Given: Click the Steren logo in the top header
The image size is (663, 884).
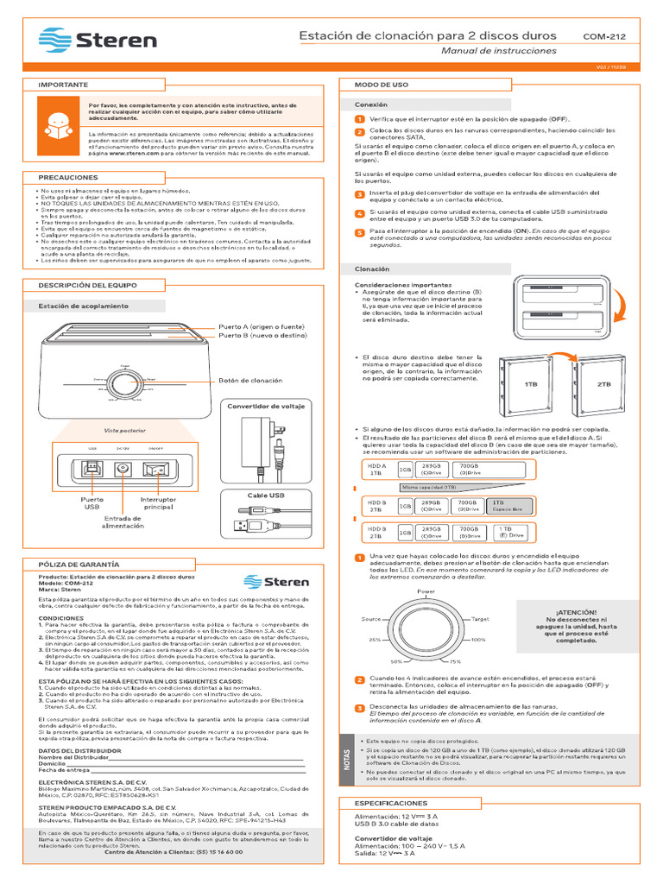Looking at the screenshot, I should pyautogui.click(x=97, y=41).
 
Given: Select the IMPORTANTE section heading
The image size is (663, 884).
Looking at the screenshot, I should pyautogui.click(x=63, y=85).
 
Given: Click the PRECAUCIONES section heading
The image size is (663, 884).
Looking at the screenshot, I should pyautogui.click(x=68, y=177).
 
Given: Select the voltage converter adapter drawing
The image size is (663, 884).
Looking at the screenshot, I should pyautogui.click(x=265, y=445).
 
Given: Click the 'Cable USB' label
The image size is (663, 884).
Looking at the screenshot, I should pyautogui.click(x=266, y=495).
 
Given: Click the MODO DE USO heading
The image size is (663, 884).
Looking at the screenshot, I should pyautogui.click(x=375, y=85).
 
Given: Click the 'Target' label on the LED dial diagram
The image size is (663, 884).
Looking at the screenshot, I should pyautogui.click(x=481, y=619).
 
